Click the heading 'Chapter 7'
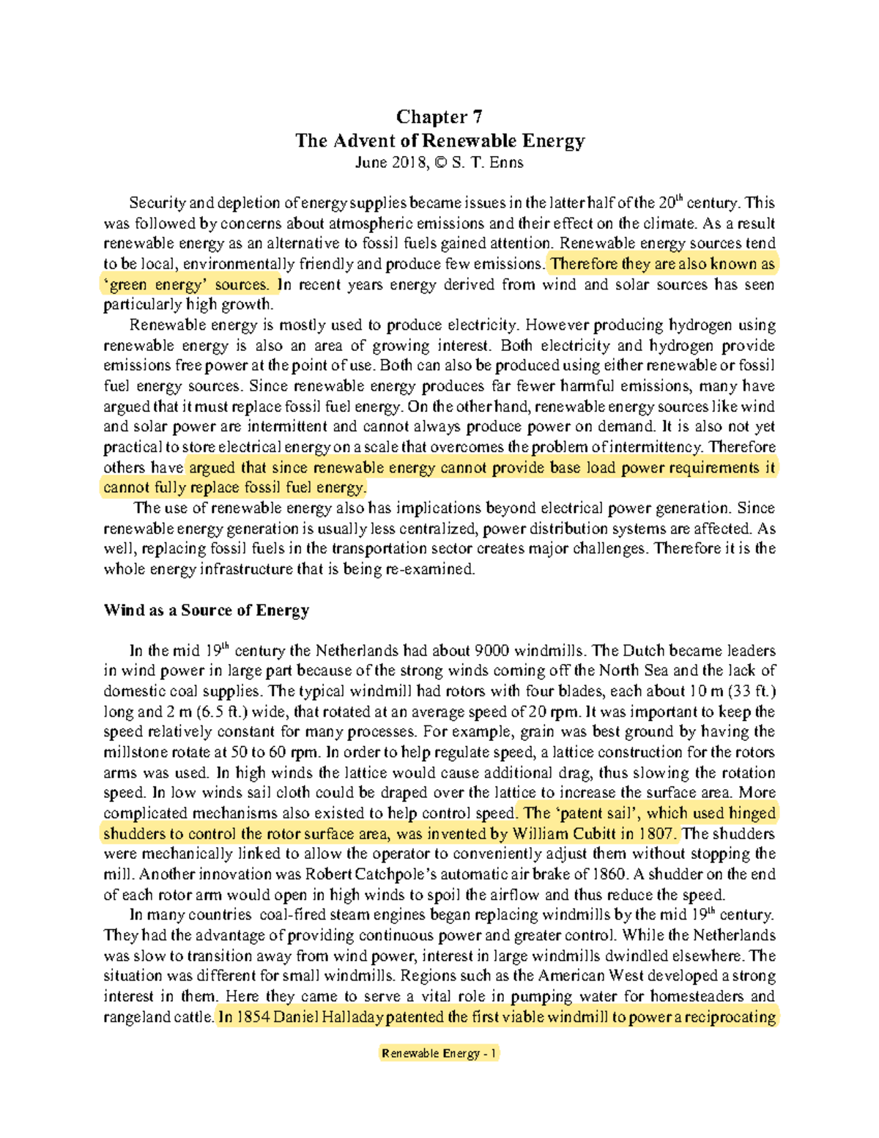point(439,117)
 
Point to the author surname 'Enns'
point(506,163)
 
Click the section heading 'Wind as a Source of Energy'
point(207,610)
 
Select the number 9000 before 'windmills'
point(492,650)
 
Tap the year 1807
point(657,833)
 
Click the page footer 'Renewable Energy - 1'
point(439,1053)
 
